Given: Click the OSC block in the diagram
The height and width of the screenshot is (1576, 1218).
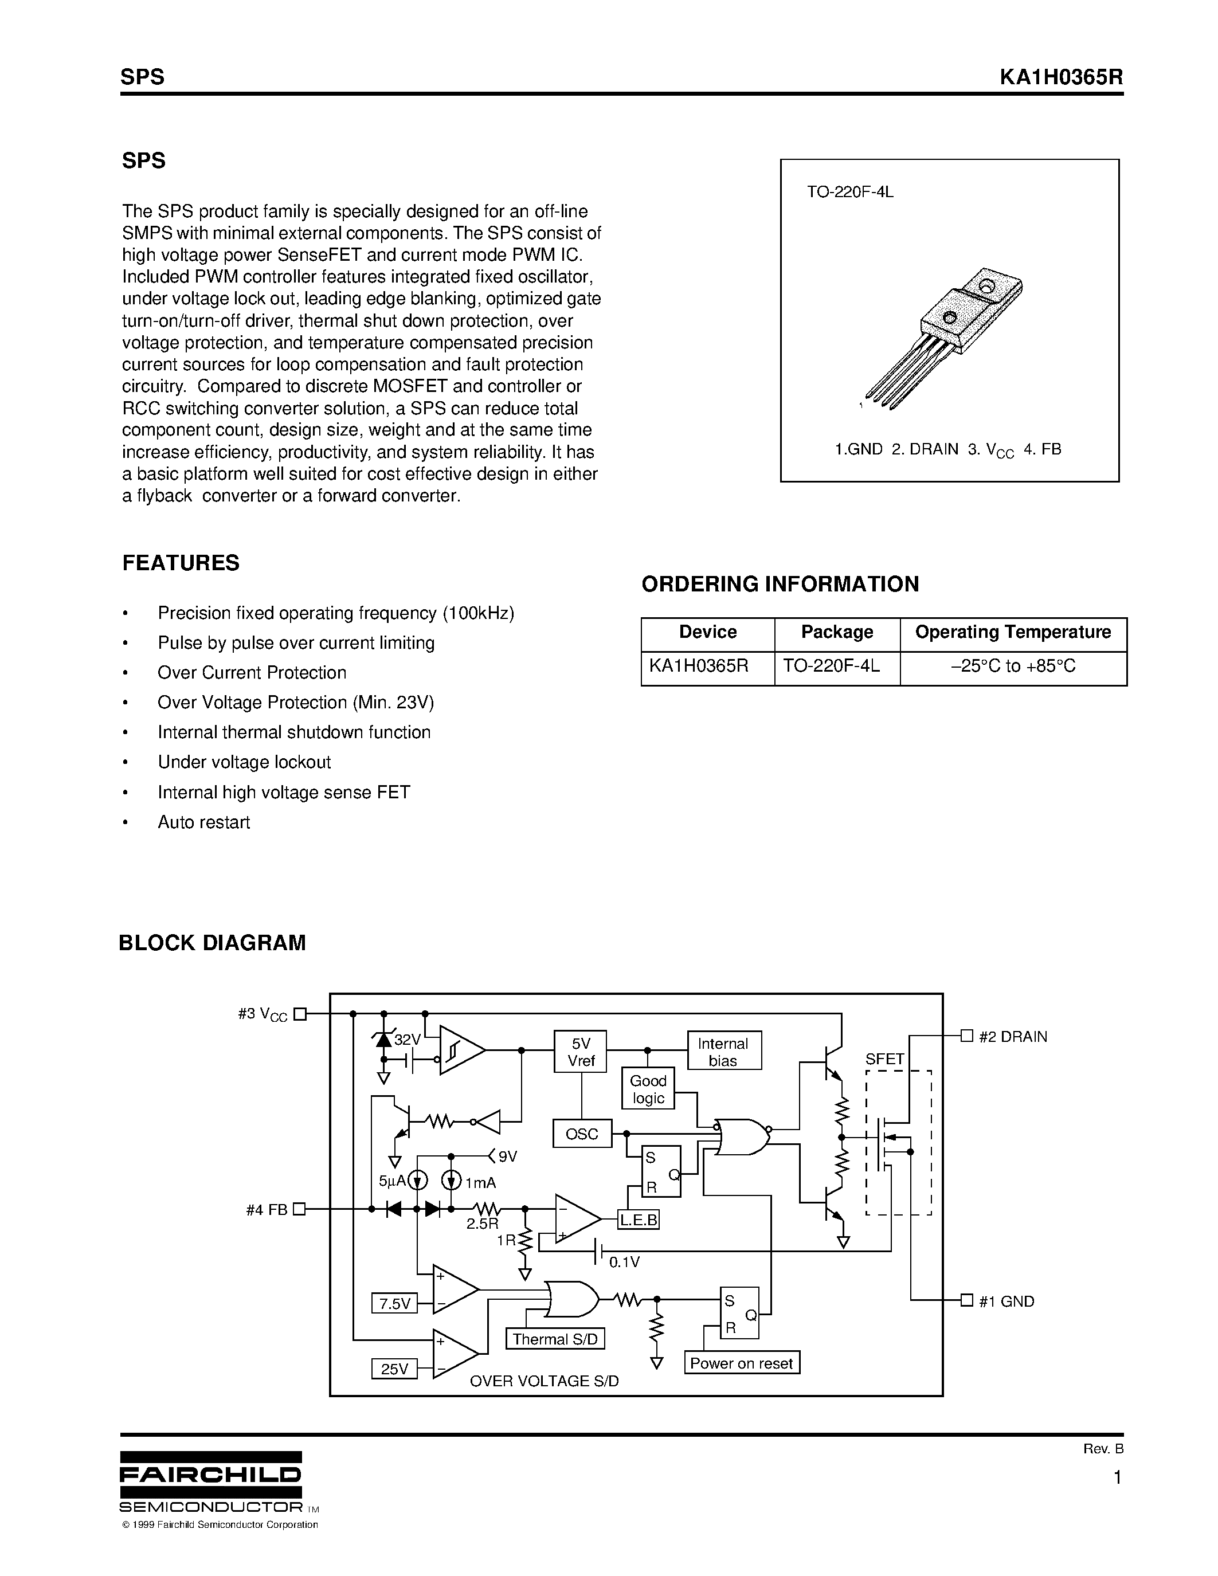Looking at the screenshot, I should pyautogui.click(x=582, y=1134).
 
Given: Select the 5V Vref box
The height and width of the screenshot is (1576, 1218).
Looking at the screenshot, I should pyautogui.click(x=580, y=1052).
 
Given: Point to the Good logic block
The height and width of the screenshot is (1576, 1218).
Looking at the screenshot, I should pyautogui.click(x=648, y=1089).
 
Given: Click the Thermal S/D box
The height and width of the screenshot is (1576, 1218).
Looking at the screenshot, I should pyautogui.click(x=555, y=1339).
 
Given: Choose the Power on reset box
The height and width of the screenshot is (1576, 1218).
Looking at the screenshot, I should pyautogui.click(x=741, y=1362).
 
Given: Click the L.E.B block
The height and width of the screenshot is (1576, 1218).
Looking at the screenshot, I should pyautogui.click(x=639, y=1220).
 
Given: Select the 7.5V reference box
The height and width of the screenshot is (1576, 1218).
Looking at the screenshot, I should pyautogui.click(x=394, y=1303).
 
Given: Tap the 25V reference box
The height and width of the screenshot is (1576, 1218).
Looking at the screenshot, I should pyautogui.click(x=394, y=1368).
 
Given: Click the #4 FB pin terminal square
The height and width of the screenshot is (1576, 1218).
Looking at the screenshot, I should pyautogui.click(x=299, y=1209).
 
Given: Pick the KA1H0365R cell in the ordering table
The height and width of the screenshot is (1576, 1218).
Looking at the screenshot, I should pyautogui.click(x=699, y=665).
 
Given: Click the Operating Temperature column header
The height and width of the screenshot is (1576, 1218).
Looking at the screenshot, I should pyautogui.click(x=1012, y=632).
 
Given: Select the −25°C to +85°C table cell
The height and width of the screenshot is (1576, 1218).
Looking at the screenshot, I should pyautogui.click(x=1012, y=665).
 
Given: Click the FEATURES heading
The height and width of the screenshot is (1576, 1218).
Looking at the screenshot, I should pyautogui.click(x=181, y=563).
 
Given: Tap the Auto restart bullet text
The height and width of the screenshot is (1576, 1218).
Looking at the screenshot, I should pyautogui.click(x=203, y=822).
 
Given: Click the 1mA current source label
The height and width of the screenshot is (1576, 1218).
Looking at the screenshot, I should pyautogui.click(x=480, y=1183).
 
